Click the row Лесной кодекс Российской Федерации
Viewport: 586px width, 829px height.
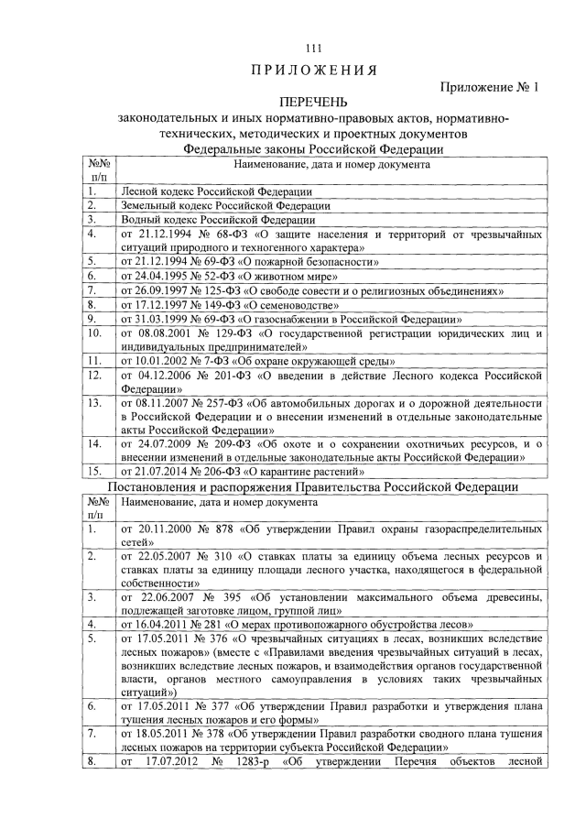(x=216, y=192)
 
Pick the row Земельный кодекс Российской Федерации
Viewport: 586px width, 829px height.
(x=222, y=206)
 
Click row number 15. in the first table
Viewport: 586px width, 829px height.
(x=93, y=471)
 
